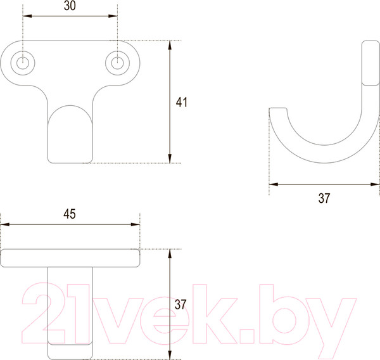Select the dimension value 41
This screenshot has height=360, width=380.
182,102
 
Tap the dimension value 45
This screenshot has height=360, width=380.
70,214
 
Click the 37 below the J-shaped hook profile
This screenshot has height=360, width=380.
324,198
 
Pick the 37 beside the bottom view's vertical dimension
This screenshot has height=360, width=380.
180,305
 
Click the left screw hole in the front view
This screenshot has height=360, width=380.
23,62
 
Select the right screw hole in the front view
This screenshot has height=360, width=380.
117,62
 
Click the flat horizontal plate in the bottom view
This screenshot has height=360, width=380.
70,257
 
